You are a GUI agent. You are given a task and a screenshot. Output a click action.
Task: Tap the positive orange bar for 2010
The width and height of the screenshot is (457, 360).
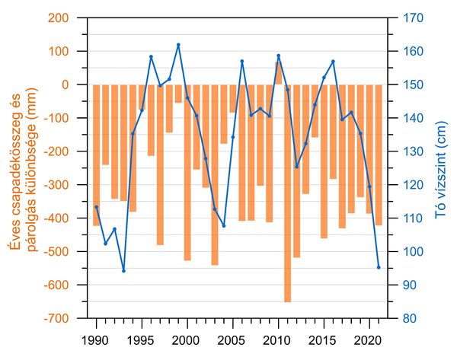[279, 73]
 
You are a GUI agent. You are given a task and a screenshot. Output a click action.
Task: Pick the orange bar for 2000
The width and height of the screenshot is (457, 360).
[187, 172]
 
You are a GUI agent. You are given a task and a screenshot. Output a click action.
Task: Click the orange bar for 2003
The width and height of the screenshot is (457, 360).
[215, 174]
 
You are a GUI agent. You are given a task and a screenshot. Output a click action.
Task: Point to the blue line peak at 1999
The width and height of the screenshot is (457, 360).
[178, 45]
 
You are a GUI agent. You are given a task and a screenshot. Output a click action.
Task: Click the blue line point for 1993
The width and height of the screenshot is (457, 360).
[123, 270]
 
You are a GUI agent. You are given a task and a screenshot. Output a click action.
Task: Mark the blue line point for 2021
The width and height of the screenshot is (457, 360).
[379, 267]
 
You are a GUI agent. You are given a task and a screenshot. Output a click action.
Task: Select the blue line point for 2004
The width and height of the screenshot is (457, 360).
[224, 225]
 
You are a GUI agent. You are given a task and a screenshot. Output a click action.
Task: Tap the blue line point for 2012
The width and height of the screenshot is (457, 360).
[296, 167]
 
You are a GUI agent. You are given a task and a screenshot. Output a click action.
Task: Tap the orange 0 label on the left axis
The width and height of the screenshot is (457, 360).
[75, 85]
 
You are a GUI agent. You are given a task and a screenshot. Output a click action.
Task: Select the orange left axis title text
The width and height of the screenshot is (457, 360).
[23, 167]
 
